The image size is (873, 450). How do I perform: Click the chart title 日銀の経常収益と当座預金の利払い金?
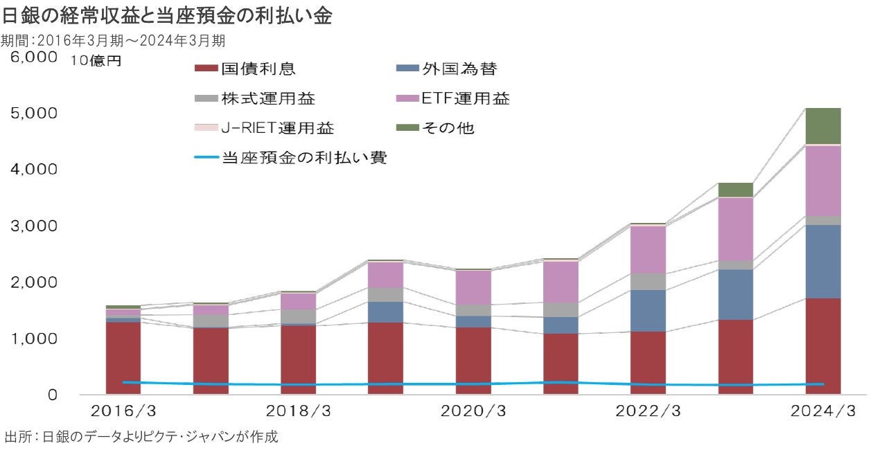[166, 17]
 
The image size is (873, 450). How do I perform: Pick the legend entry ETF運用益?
[465, 98]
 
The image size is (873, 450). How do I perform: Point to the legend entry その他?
[448, 128]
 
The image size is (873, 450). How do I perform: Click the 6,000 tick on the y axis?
[33, 57]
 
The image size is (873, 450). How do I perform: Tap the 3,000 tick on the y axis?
[33, 226]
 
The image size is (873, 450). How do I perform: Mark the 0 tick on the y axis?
[51, 395]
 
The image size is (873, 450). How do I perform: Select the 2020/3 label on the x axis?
[474, 411]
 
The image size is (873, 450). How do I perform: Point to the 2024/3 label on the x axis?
[824, 411]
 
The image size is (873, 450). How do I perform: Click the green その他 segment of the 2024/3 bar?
[823, 126]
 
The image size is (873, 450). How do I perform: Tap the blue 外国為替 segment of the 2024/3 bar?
[823, 262]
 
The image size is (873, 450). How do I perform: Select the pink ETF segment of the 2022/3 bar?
[648, 250]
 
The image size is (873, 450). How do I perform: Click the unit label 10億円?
[96, 61]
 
